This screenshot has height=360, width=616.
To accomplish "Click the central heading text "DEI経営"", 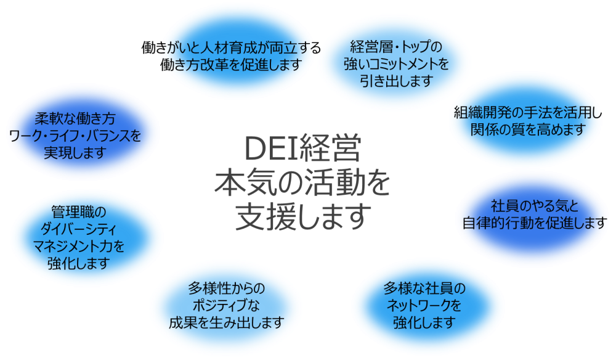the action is tap(302, 148).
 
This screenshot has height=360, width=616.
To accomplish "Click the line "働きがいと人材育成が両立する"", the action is tap(231, 47).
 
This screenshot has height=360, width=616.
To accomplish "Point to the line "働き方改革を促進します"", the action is tap(231, 65).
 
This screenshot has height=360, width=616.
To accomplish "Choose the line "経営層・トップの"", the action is tap(396, 47).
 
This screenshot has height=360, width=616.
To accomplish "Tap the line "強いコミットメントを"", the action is tap(396, 63).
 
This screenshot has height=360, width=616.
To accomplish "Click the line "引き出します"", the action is tap(396, 81).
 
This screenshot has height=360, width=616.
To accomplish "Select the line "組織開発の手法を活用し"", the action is tap(528, 112).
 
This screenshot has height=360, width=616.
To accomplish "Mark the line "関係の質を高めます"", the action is tap(528, 129).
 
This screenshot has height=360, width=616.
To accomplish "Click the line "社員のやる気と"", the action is tap(535, 206).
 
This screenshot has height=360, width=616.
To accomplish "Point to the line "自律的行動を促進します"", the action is tap(535, 223).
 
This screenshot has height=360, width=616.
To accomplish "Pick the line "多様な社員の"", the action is tap(424, 288).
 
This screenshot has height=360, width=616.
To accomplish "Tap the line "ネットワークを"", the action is tap(424, 305).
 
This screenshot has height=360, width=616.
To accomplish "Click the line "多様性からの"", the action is tap(226, 288).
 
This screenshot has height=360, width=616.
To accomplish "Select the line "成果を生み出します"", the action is tap(226, 322).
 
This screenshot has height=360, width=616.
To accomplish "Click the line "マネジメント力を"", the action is tap(79, 246).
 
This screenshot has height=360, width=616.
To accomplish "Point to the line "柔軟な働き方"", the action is tap(75, 118).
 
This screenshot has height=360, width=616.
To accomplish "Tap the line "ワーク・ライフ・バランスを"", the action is tap(75, 136).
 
